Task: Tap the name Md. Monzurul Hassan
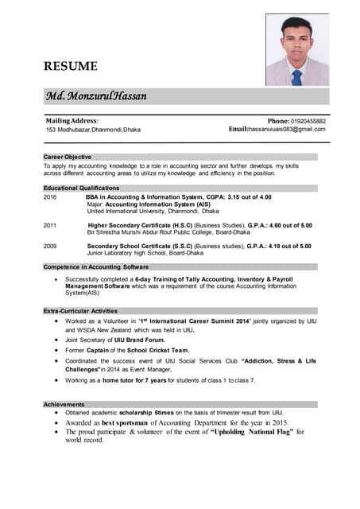point(96,95)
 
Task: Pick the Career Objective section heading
point(68,157)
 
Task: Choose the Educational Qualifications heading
point(81,188)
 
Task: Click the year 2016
point(50,196)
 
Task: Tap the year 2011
point(50,225)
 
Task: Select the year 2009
point(50,247)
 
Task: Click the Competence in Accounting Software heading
point(96,267)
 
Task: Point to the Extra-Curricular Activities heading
point(80,311)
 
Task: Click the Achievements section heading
point(64,405)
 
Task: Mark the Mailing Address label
point(72,120)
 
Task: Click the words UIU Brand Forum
point(138,340)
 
